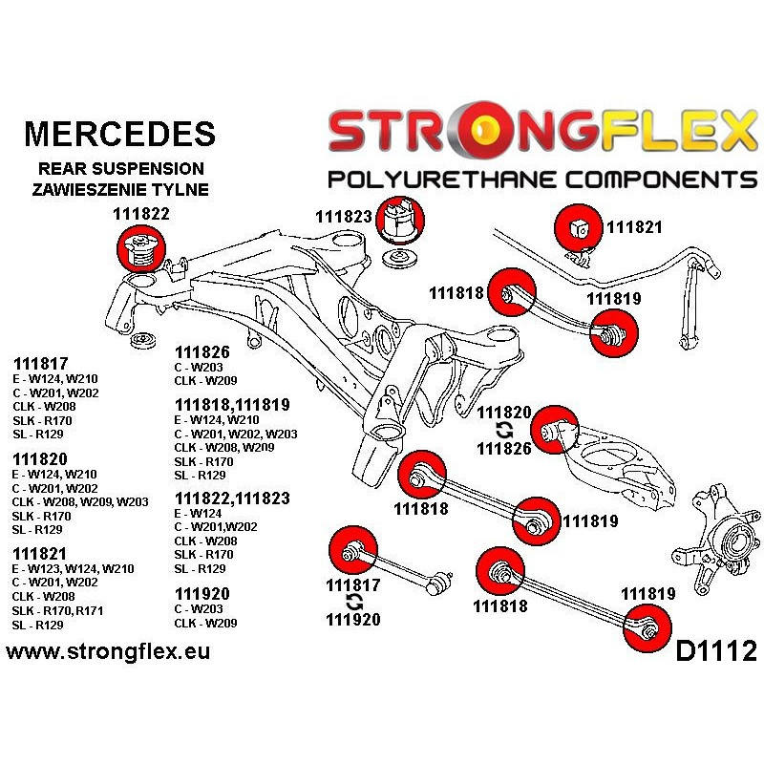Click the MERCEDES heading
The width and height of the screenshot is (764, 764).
pyautogui.click(x=118, y=133)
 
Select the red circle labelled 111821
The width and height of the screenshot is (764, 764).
pyautogui.click(x=580, y=228)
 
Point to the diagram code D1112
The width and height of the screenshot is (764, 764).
pyautogui.click(x=715, y=651)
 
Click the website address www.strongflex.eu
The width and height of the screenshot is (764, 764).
pyautogui.click(x=108, y=652)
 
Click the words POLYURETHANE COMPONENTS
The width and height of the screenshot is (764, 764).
pyautogui.click(x=541, y=180)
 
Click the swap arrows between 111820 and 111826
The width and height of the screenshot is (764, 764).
pyautogui.click(x=505, y=431)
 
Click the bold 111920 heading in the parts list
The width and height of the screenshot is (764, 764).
pyautogui.click(x=203, y=593)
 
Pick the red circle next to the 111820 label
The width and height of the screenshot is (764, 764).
pyautogui.click(x=554, y=428)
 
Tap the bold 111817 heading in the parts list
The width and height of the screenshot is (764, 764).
pyautogui.click(x=41, y=363)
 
